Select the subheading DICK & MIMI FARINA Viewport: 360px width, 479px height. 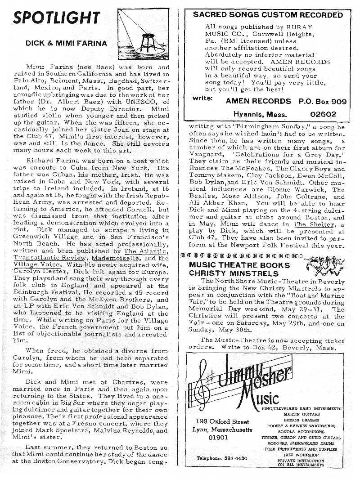click(x=66, y=44)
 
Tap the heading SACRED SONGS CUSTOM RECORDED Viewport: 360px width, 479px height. click(x=268, y=15)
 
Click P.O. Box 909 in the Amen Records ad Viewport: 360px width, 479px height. click(x=323, y=101)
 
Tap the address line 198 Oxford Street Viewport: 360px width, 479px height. click(x=223, y=422)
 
